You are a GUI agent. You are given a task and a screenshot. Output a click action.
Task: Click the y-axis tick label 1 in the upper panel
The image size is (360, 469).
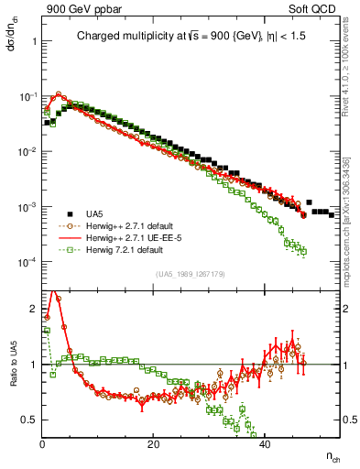click(33, 41)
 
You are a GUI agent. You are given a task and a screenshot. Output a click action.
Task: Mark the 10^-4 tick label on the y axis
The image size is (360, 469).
click(27, 262)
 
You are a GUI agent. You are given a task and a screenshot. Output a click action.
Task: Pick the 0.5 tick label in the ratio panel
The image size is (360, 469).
click(30, 419)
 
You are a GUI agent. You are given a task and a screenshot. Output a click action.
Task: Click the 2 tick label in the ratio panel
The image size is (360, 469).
click(34, 309)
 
